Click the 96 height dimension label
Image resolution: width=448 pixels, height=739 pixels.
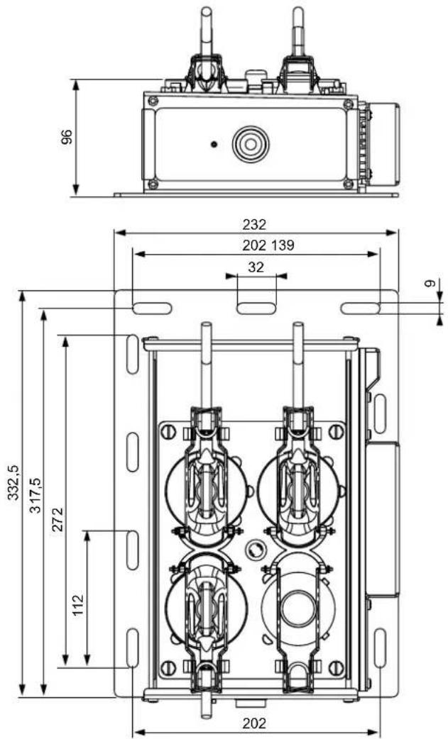pos(67,137)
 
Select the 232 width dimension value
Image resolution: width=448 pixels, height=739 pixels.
pos(254,224)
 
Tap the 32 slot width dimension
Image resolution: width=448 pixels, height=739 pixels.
pos(256,267)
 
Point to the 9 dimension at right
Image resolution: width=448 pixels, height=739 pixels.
pos(428,284)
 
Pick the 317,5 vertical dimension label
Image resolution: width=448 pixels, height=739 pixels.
pos(35,496)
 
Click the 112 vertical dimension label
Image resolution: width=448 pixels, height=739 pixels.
pos(78,605)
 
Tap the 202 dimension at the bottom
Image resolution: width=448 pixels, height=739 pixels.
pos(254,723)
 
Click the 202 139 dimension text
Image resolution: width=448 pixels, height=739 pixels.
pos(268,245)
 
